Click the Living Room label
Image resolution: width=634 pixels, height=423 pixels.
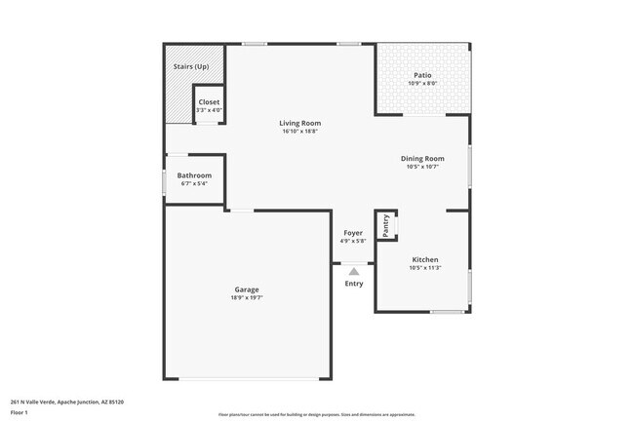point(299,124)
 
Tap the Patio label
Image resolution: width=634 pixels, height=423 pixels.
point(422,75)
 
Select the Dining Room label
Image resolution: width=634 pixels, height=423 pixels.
point(422,159)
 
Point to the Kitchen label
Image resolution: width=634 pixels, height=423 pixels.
point(424,260)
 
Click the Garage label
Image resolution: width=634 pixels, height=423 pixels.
point(246,289)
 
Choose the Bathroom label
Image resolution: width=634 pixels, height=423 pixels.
point(194,175)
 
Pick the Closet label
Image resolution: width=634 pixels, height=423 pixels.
point(209,102)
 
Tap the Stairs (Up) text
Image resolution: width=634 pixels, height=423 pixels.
point(191,66)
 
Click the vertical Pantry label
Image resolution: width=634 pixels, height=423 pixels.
point(386,225)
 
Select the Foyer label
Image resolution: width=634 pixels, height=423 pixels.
point(352,233)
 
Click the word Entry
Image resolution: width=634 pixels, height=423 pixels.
point(354,284)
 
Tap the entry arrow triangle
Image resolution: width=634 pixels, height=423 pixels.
point(354,272)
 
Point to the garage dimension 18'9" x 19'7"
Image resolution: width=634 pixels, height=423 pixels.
point(246,298)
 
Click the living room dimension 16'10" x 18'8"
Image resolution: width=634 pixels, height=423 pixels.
point(299,132)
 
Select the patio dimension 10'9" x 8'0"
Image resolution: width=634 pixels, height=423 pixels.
point(422,83)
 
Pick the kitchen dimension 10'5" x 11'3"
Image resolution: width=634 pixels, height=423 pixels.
point(424,268)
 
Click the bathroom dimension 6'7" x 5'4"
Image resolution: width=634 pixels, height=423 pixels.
point(194,183)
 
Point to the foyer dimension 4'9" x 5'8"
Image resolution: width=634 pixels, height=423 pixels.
point(352,241)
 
